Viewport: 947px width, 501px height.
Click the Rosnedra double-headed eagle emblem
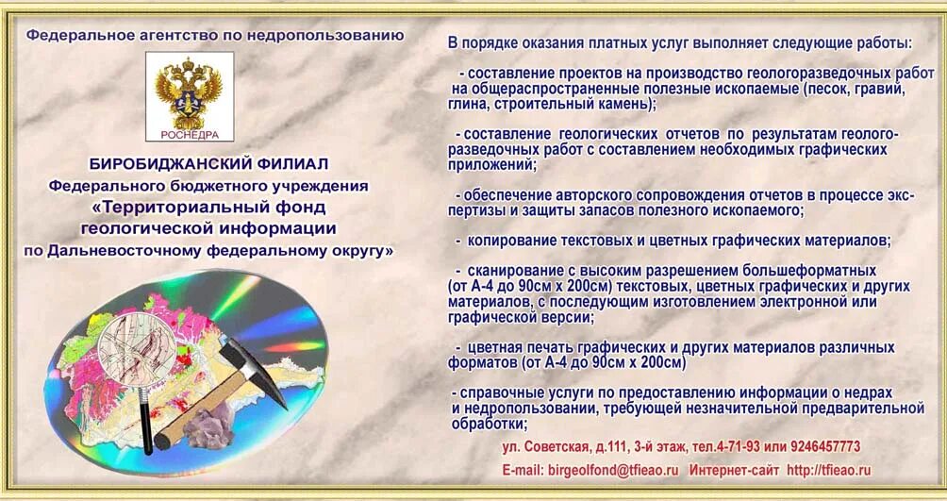coord(190,90)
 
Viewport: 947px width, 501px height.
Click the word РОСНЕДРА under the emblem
coord(190,133)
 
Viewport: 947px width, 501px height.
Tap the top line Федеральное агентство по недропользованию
coord(215,36)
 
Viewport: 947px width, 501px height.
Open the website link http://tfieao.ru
coord(828,470)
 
